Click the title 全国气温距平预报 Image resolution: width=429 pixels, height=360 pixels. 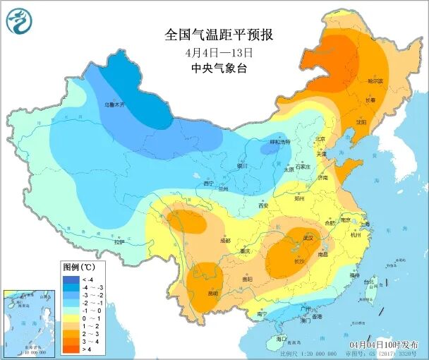(219, 35)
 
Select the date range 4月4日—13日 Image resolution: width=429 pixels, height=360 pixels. (219, 52)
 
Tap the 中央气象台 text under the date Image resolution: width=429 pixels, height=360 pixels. (219, 68)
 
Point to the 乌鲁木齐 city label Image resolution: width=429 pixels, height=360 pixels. (114, 104)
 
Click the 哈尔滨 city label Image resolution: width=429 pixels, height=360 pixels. (375, 81)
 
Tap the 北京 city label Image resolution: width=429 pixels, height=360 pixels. (321, 139)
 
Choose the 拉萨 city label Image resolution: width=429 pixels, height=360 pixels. (119, 241)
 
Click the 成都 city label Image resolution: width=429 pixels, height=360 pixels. (224, 241)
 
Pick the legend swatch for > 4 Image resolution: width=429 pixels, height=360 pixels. (69, 348)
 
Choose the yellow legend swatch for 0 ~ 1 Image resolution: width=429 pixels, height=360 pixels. (69, 318)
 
